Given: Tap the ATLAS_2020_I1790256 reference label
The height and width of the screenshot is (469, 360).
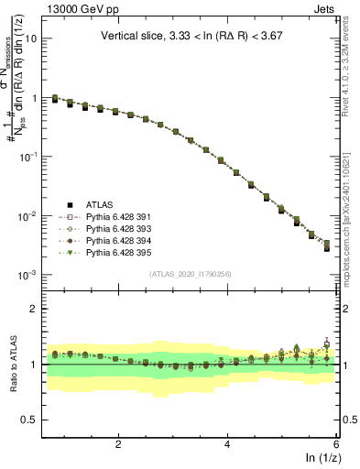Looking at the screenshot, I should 191,274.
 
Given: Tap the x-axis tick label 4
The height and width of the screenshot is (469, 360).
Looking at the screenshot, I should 227,444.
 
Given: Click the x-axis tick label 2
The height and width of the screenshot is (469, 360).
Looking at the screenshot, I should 118,444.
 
